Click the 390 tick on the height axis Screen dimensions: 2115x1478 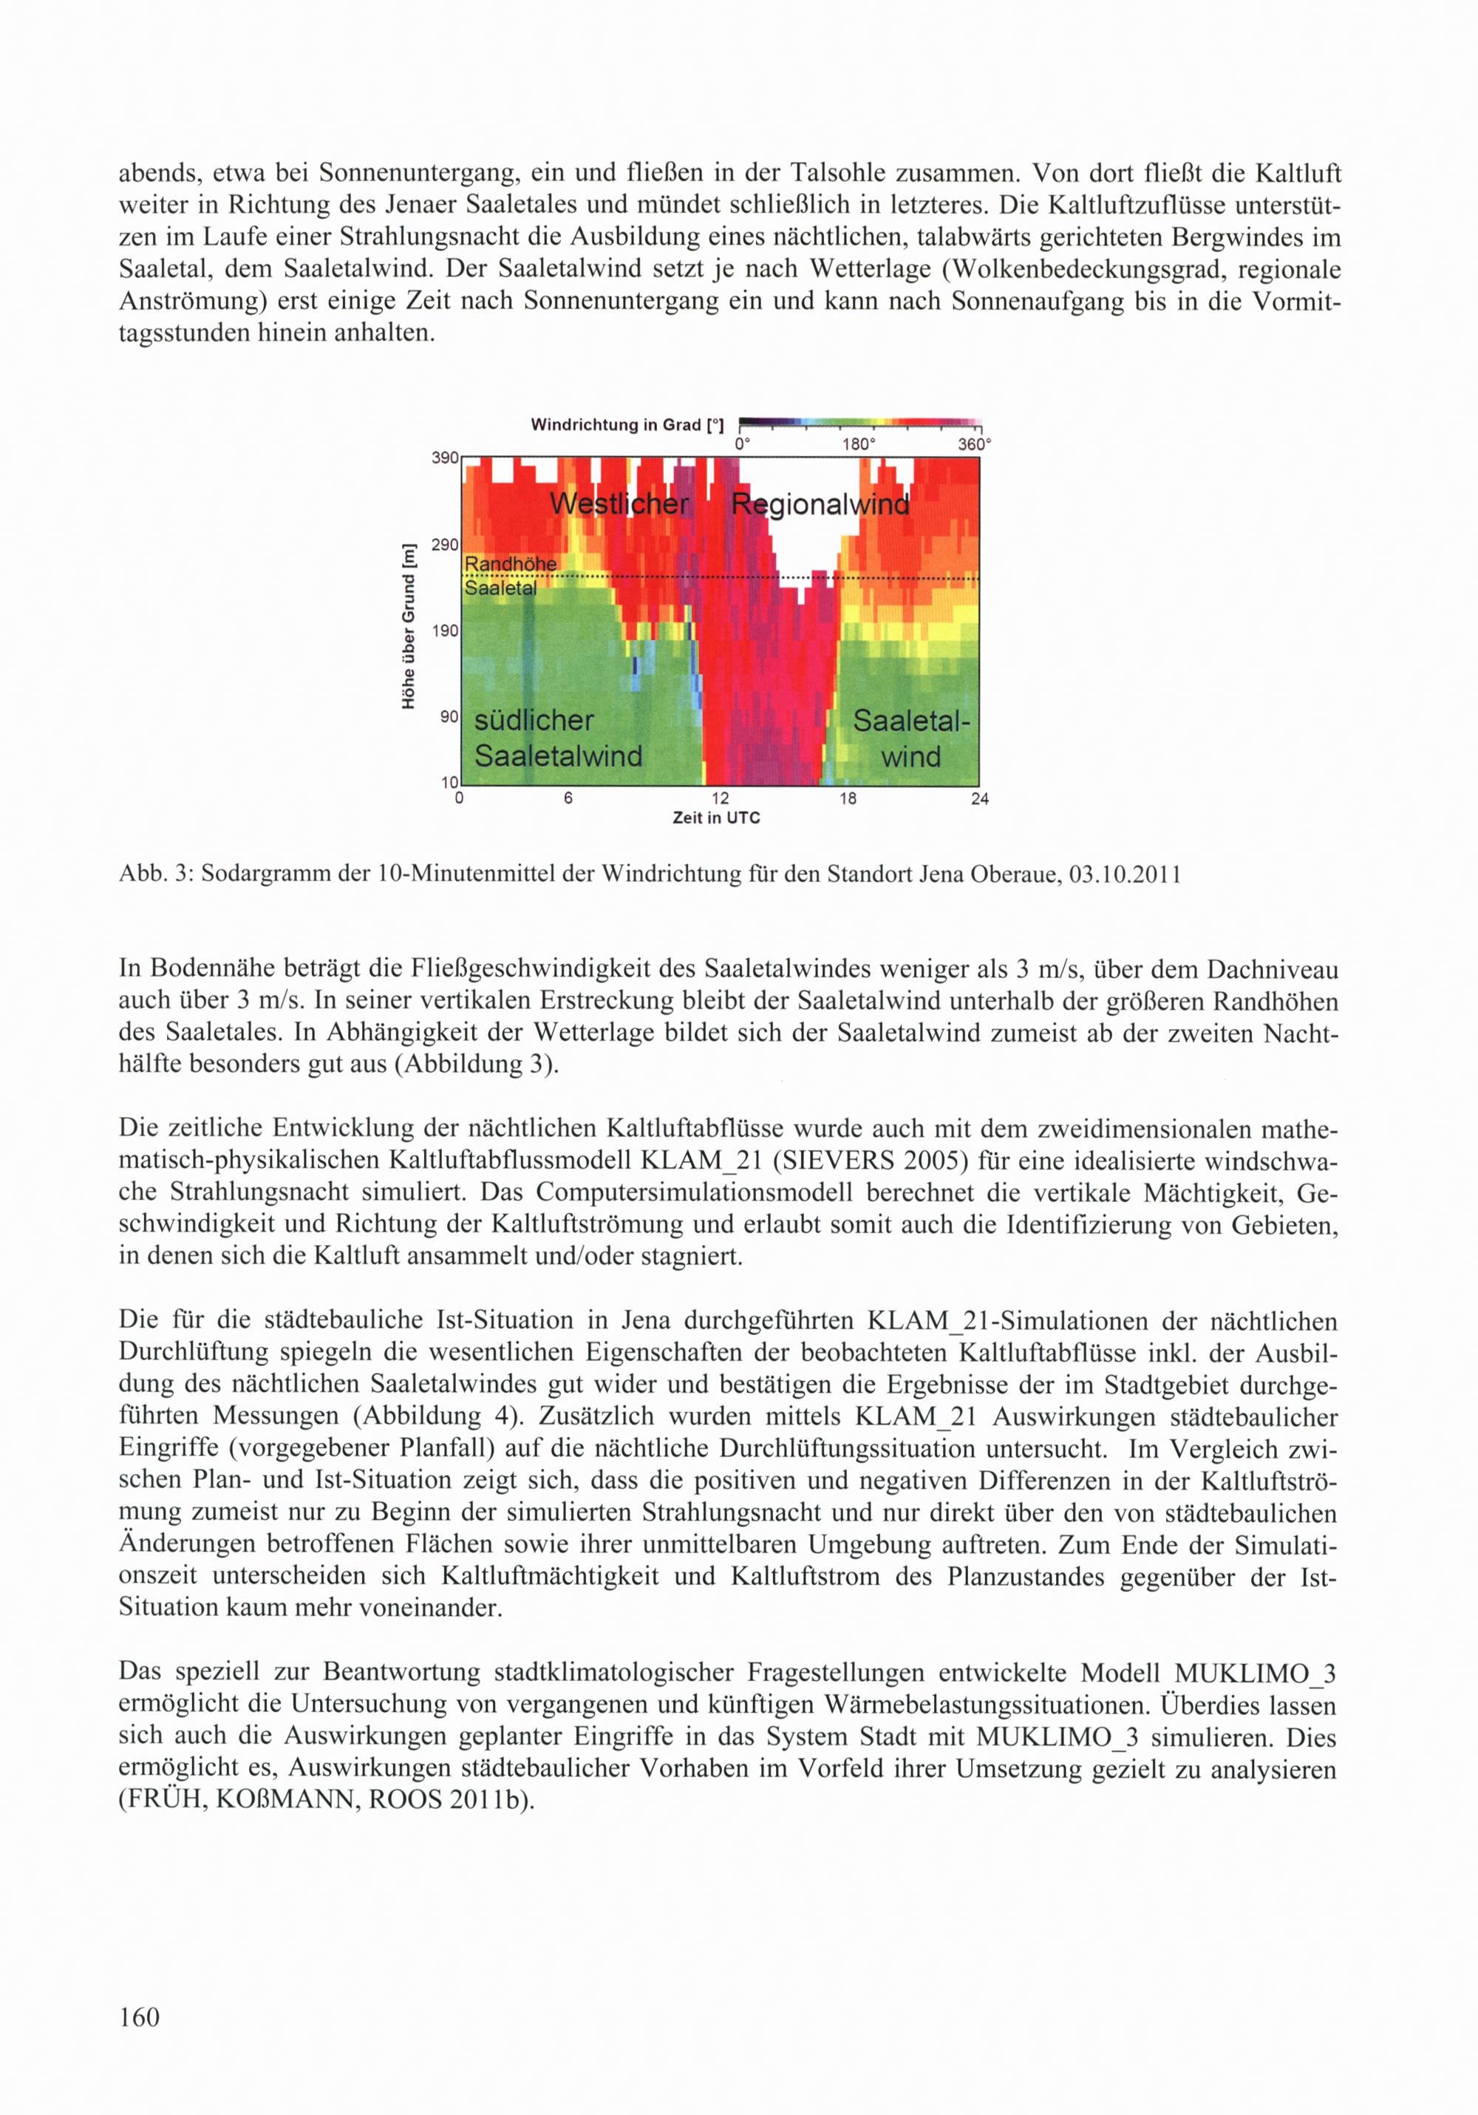(445, 458)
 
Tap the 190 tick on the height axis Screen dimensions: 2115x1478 (445, 631)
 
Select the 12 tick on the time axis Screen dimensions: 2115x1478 (720, 798)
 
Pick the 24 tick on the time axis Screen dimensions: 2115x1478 (980, 798)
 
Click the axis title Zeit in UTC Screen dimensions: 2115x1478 (716, 818)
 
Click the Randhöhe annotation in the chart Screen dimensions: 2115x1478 (510, 564)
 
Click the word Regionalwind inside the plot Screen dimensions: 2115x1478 (820, 504)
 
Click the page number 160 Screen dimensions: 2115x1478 (139, 2017)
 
